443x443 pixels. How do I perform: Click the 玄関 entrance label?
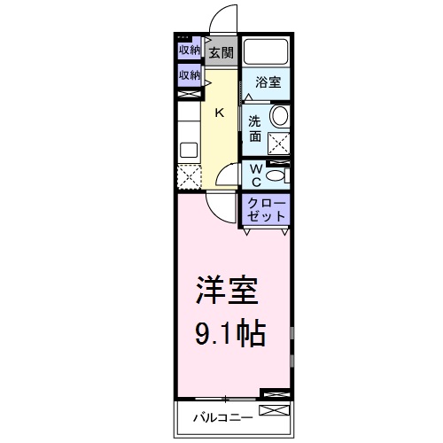pos(221,53)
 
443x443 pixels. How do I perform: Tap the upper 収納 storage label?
pos(189,50)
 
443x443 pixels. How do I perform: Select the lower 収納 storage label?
pos(189,75)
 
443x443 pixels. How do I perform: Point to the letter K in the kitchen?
pos(221,113)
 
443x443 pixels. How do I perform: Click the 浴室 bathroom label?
pos(268,82)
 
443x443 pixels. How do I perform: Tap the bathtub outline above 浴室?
pos(268,51)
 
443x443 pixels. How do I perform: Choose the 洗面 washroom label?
pos(254,129)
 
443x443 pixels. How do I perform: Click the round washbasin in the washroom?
pos(279,116)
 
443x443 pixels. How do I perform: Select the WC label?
pos(253,174)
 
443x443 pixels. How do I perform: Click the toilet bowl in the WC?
pos(276,175)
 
